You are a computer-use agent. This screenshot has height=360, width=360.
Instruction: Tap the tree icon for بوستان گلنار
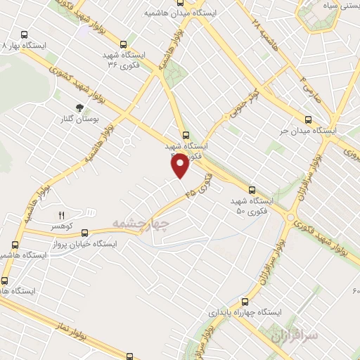point(79,108)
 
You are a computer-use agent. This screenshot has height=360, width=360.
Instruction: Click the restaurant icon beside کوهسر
point(61,214)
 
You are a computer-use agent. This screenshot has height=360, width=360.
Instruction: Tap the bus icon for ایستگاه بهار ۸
point(25,34)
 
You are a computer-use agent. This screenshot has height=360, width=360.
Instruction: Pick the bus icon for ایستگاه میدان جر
point(307,119)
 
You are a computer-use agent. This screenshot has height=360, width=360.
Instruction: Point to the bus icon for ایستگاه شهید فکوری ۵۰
point(252,189)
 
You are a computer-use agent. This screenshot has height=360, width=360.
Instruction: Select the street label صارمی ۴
point(310,89)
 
